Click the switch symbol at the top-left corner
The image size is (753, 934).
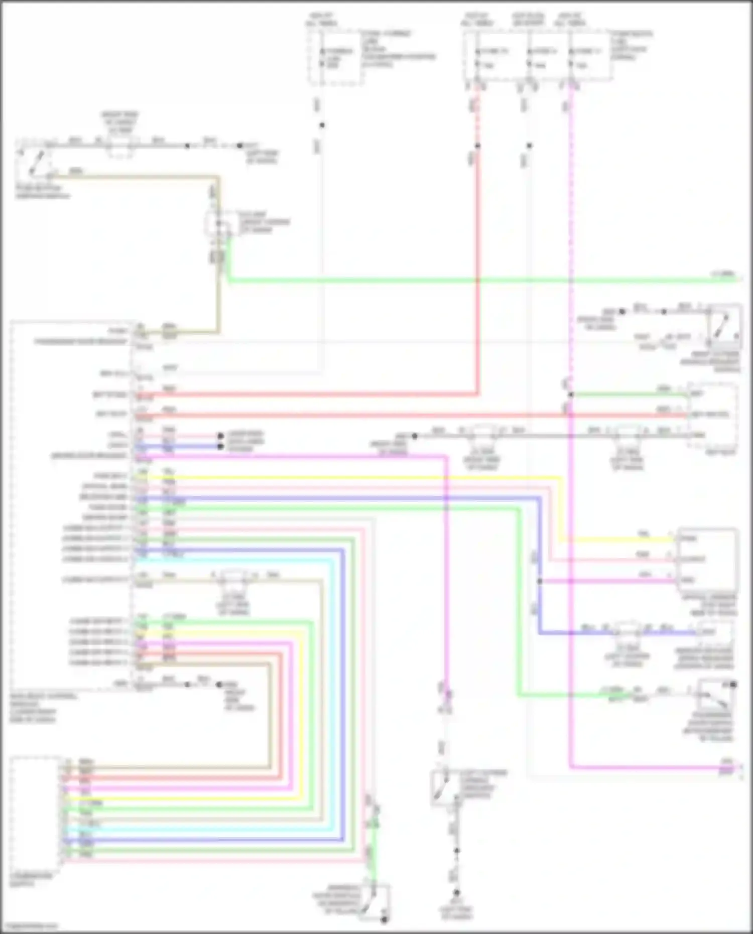(x=34, y=162)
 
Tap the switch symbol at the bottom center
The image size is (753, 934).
(x=444, y=788)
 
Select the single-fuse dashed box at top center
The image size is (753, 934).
(x=335, y=57)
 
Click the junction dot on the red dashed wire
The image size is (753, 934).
(x=477, y=146)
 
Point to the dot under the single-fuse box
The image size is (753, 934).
(x=322, y=125)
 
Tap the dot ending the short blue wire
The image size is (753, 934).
(x=220, y=446)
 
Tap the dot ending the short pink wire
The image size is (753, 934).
(x=220, y=436)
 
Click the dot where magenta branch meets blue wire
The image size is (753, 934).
(x=540, y=581)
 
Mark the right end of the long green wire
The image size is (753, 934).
(x=736, y=280)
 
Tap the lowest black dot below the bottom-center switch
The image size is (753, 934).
(x=456, y=892)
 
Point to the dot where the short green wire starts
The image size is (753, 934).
(x=571, y=395)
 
